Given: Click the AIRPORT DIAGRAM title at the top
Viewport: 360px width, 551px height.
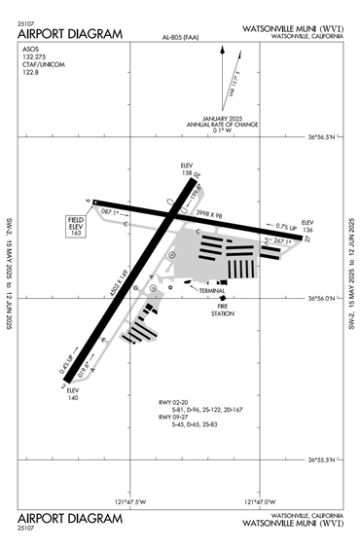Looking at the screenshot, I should click(70, 34).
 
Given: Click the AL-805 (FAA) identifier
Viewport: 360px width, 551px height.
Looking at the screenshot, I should click(181, 39).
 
